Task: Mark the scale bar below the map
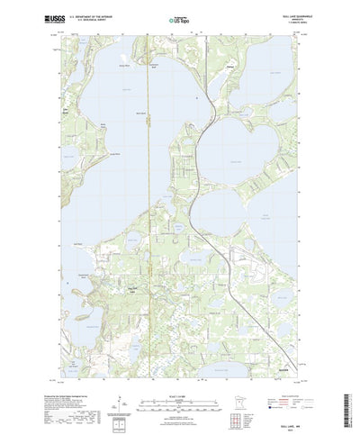179,369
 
